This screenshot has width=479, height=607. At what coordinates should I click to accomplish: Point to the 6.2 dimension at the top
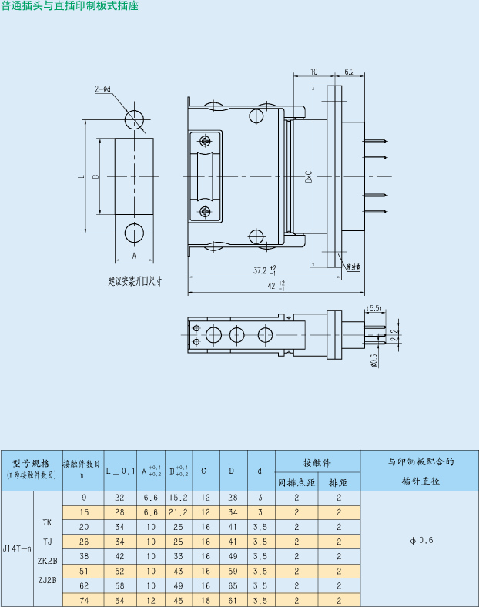[x=349, y=72]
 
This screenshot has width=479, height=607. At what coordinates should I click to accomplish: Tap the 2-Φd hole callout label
[x=103, y=89]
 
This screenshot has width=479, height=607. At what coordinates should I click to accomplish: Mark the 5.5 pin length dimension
[x=375, y=308]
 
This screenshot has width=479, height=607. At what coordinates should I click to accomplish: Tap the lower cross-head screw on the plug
[x=205, y=212]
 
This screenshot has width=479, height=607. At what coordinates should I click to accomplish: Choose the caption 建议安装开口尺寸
[x=135, y=281]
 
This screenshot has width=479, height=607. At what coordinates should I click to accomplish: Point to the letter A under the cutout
[x=133, y=255]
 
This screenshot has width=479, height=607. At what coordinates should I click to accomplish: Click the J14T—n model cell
[x=18, y=548]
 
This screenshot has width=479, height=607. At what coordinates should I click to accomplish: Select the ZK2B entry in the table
[x=48, y=562]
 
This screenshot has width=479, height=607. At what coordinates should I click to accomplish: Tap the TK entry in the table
[x=48, y=521]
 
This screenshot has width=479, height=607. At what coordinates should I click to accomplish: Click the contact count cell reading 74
[x=83, y=600]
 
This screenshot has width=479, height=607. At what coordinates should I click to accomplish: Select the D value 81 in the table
[x=232, y=600]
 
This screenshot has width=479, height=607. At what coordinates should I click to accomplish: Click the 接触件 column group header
[x=317, y=462]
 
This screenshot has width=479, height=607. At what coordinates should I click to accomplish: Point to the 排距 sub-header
[x=339, y=483]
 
